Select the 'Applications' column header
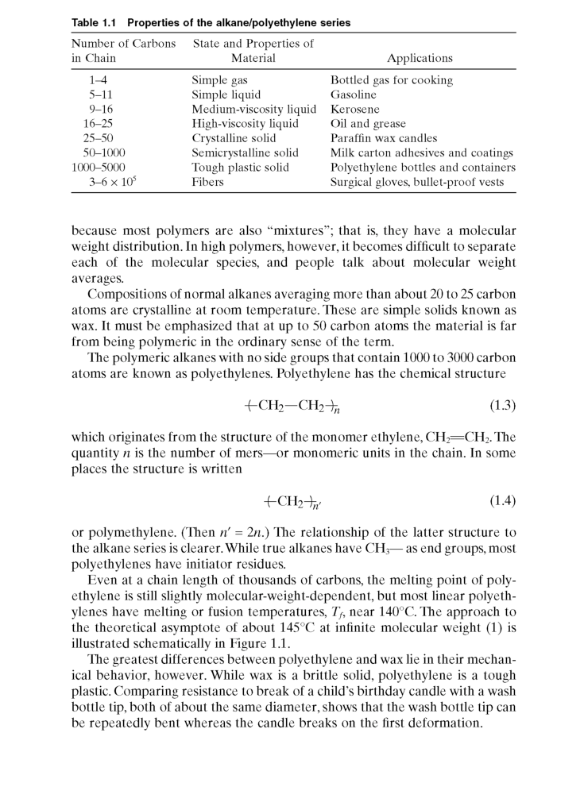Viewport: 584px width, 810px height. click(x=420, y=58)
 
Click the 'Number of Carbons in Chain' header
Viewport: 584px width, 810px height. click(x=123, y=51)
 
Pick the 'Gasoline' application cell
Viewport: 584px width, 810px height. click(x=354, y=94)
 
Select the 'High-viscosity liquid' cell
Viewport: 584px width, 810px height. click(x=246, y=124)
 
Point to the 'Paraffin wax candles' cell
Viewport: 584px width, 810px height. click(x=384, y=138)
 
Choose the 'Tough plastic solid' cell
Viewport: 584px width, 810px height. click(x=241, y=168)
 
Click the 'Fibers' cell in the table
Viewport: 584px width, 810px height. click(x=208, y=183)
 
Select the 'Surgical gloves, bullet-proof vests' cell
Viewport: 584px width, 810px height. click(x=417, y=183)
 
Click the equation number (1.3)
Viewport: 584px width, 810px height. click(x=501, y=406)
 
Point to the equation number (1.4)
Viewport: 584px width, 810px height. click(x=501, y=501)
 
